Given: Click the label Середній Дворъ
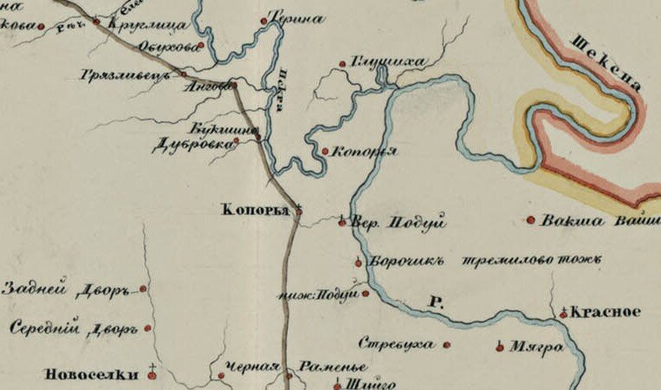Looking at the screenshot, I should (74, 329).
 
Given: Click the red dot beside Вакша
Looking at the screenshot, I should (531, 220).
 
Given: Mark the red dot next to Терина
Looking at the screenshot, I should (263, 19).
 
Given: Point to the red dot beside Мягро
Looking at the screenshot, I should (500, 348).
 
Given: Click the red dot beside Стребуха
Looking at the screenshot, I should (447, 345).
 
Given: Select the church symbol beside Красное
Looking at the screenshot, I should (563, 313).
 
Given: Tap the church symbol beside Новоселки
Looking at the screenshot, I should (153, 373).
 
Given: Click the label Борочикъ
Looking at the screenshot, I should (406, 261).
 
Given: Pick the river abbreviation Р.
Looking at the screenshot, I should (437, 303).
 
